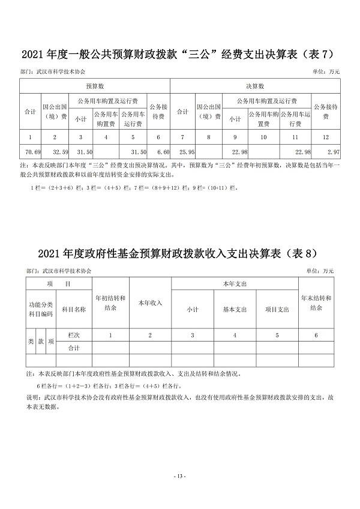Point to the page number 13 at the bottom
[180, 476]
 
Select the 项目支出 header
[277, 310]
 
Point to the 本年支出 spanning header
[235, 283]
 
